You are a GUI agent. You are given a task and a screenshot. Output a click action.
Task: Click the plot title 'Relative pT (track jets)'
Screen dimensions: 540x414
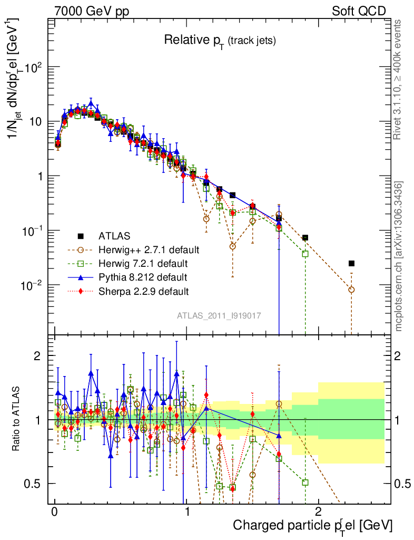coord(220,40)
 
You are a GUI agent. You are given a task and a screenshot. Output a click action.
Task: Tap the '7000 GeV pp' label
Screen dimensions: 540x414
coord(91,11)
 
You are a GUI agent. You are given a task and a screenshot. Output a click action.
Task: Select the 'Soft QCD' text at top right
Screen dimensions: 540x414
coord(359,11)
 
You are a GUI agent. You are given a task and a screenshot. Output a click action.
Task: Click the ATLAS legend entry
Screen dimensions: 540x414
coord(113,236)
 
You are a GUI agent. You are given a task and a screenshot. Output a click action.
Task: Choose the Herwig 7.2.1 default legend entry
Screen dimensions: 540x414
coord(143,263)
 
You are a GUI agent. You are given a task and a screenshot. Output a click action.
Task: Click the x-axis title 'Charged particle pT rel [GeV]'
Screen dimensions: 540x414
coord(313,526)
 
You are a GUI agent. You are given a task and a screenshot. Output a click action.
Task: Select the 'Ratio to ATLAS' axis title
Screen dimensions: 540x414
coord(17,420)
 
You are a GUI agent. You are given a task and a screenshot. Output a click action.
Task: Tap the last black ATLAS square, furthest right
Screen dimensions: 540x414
coord(351,263)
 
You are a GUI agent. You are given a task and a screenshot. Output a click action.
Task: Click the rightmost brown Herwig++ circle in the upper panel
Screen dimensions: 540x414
coord(351,290)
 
